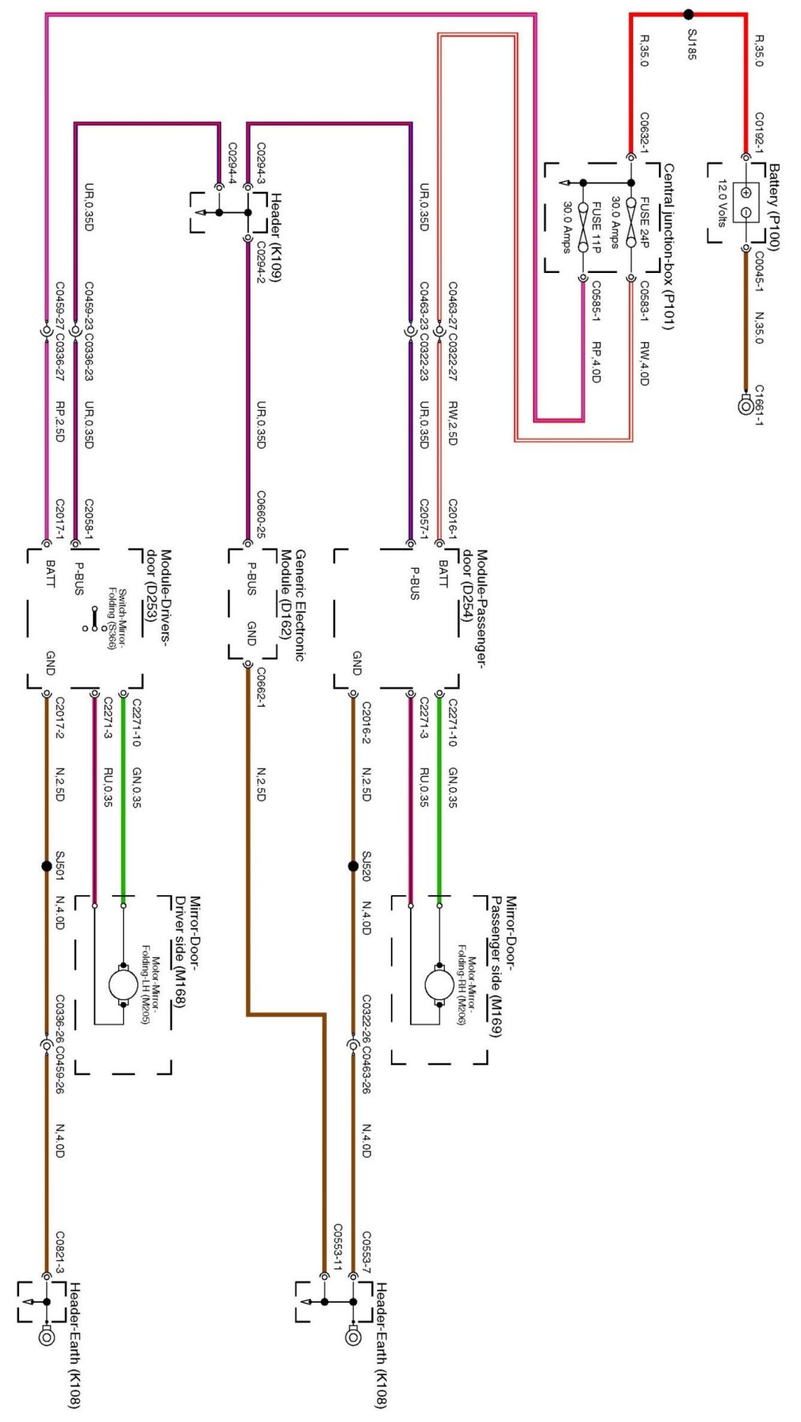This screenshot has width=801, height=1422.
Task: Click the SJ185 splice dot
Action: (x=688, y=14)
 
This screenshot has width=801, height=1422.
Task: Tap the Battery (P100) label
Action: (x=773, y=207)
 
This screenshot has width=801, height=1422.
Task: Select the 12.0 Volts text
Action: (x=723, y=203)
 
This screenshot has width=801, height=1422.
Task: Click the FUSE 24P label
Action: (x=645, y=222)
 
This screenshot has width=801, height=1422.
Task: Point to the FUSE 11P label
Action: (x=596, y=226)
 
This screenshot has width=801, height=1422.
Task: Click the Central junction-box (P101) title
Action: (x=668, y=246)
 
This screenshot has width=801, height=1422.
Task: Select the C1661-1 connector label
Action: (x=758, y=405)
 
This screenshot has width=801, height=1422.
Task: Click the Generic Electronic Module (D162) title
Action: (x=292, y=604)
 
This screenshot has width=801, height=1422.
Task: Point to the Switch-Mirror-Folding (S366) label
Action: (x=117, y=619)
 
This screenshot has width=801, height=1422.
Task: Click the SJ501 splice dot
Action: (x=47, y=866)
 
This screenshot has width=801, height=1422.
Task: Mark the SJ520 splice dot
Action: (x=353, y=866)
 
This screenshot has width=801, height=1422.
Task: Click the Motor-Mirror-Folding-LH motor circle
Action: (x=123, y=985)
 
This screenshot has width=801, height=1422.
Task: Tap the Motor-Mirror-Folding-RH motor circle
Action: (x=439, y=985)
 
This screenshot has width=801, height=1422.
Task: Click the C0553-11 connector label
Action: (x=338, y=1247)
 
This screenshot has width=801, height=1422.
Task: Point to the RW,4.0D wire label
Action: (x=644, y=363)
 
